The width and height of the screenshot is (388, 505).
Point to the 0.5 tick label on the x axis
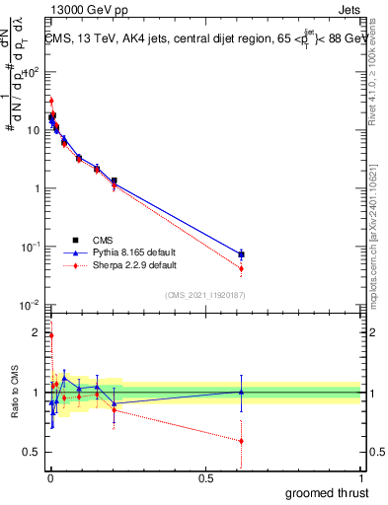[x=205, y=478]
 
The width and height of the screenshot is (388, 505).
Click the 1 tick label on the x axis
[x=361, y=478]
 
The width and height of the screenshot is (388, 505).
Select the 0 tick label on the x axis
[x=49, y=478]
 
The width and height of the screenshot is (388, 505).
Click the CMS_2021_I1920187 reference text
[x=204, y=294]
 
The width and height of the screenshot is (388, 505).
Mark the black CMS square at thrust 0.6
[x=241, y=254]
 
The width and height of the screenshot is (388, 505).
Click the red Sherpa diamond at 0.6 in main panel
[x=241, y=268]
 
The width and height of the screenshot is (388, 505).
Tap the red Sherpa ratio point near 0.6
[x=241, y=441]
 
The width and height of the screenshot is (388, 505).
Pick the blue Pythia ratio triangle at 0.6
[x=241, y=392]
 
